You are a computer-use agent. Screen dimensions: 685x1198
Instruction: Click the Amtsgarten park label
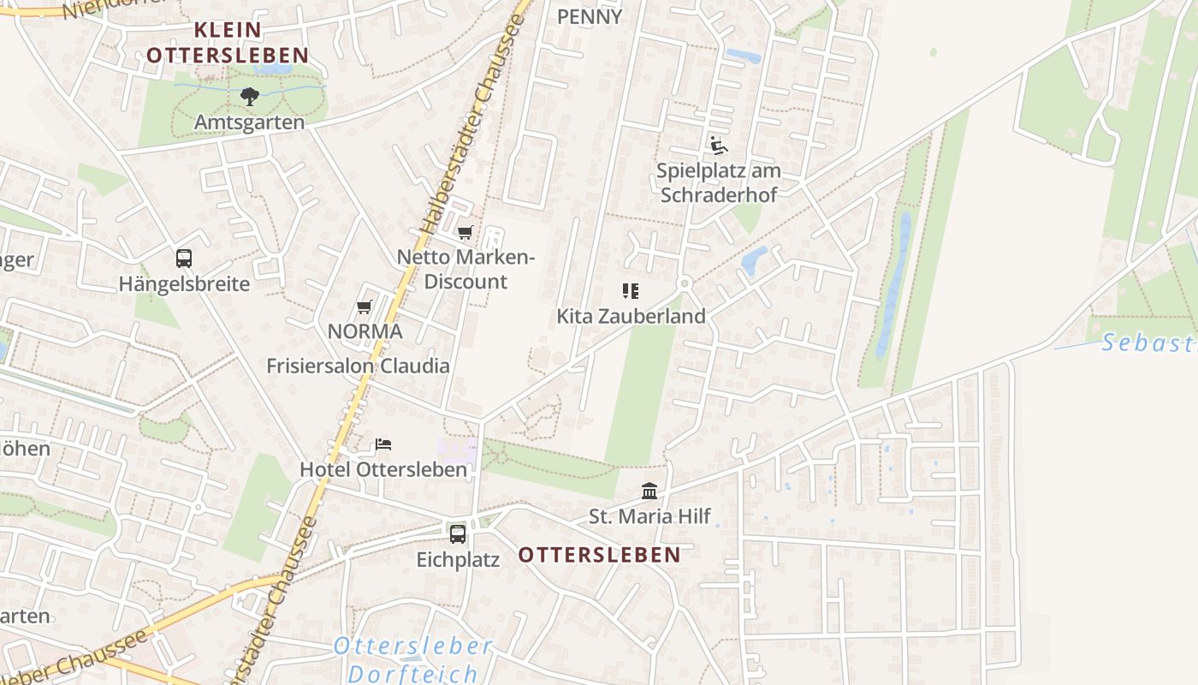point(249,122)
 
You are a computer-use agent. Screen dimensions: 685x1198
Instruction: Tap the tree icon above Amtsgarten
point(249,96)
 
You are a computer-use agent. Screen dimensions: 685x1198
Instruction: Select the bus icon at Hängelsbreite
point(184,258)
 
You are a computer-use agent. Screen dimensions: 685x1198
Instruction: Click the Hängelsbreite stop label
point(184,283)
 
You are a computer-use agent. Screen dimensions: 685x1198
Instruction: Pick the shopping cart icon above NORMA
point(365,307)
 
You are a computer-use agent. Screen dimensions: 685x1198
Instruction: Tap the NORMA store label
point(365,331)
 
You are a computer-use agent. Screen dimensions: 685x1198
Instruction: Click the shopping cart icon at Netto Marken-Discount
point(466,232)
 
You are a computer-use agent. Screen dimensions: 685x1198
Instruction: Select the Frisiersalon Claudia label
point(358,366)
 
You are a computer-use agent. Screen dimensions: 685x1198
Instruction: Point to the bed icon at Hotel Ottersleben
point(383,444)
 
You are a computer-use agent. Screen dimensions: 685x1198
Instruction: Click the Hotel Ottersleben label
point(383,470)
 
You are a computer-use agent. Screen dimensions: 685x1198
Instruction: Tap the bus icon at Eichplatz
point(458,534)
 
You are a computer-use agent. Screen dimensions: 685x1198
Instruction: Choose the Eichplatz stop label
point(458,560)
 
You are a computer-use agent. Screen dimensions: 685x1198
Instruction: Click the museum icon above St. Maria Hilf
point(649,491)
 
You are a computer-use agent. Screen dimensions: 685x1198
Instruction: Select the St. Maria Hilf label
point(649,517)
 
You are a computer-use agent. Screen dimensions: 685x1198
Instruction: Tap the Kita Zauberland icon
point(631,291)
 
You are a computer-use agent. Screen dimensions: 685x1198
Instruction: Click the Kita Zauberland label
point(631,316)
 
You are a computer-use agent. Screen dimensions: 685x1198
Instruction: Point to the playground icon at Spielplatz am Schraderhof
point(718,145)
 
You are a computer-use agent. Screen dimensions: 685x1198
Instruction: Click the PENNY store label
point(590,16)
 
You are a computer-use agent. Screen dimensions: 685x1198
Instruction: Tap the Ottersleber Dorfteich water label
point(413,659)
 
